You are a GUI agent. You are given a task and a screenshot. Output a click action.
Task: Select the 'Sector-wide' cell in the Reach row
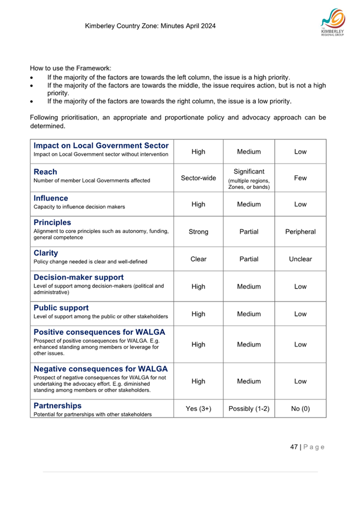[198, 178]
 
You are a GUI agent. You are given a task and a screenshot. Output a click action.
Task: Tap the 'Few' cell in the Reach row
[300, 178]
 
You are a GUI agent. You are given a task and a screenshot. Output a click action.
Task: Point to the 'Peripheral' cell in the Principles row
[300, 232]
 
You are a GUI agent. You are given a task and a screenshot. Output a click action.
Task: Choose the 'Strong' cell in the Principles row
[198, 232]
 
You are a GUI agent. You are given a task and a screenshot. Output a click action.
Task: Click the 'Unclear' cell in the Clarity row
[300, 259]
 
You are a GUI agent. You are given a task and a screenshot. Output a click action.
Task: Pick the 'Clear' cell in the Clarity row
[198, 259]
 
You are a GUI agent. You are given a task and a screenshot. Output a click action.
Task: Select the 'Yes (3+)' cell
[198, 408]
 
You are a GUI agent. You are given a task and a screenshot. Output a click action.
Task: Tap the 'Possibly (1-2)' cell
[249, 408]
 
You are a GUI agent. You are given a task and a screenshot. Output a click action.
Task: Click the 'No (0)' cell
[300, 408]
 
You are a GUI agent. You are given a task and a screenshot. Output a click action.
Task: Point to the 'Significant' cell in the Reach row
[249, 172]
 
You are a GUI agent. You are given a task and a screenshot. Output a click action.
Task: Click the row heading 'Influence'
[51, 198]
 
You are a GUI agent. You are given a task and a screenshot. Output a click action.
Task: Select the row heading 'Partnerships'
[57, 405]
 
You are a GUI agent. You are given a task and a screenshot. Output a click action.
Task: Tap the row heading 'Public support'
[61, 307]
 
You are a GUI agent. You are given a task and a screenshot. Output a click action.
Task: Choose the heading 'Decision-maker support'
[78, 277]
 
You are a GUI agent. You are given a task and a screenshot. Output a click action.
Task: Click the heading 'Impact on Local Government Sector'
[101, 145]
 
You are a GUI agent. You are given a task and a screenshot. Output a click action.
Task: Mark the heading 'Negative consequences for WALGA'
[100, 369]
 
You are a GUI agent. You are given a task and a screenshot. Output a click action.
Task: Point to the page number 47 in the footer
[294, 446]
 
